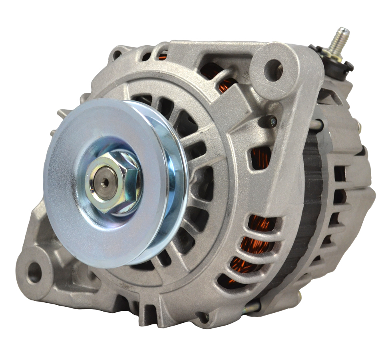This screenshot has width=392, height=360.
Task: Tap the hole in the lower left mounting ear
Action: [x=34, y=273]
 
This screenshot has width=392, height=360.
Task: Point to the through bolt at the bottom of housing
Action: [x=252, y=307]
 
